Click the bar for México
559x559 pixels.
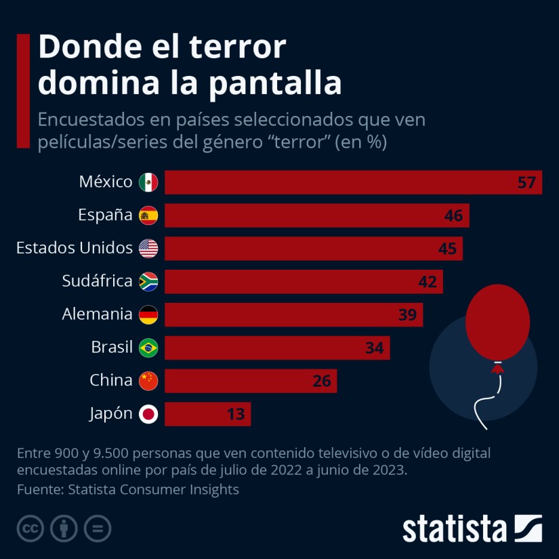pos(352,182)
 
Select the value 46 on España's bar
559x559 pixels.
pos(453,215)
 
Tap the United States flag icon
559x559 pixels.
pos(148,249)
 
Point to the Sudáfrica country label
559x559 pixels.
pos(97,281)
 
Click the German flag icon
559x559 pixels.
pos(148,314)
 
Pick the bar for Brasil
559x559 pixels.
pos(276,348)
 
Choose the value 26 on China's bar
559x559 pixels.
pos(322,381)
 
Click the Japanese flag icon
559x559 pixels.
pos(148,414)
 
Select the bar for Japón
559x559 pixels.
pos(207,414)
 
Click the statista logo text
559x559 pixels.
pos(455,529)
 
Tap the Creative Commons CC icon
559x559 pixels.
pos(30,529)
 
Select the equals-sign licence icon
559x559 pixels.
pos(98,529)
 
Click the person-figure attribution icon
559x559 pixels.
pos(64,529)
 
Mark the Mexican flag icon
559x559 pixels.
pos(148,182)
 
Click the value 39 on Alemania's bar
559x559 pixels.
pos(407,314)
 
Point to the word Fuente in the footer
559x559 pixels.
pos(38,489)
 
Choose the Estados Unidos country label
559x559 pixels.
pos(75,248)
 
